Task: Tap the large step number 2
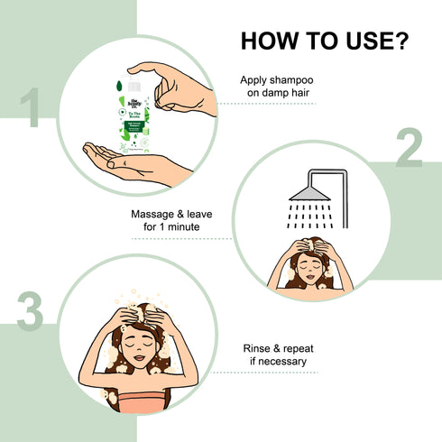409,151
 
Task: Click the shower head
309,187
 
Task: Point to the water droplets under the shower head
309,217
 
